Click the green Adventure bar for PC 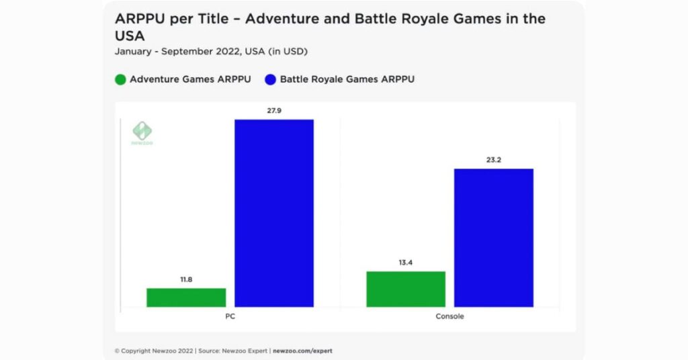186,298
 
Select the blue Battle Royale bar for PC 273,213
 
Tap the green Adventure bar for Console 406,289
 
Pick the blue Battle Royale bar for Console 493,238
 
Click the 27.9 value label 273,109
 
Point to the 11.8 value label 186,279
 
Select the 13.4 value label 406,262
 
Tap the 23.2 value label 493,159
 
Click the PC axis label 230,316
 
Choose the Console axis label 449,316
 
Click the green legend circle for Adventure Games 120,79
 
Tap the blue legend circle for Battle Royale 271,79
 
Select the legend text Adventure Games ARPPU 190,79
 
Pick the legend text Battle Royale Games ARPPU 347,79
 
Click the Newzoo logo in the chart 142,133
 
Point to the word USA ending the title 130,36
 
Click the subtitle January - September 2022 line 211,51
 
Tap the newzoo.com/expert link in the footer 302,351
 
